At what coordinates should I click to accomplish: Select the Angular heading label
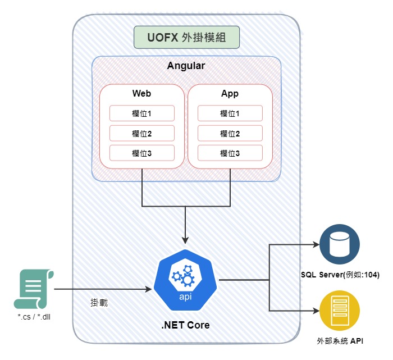pyautogui.click(x=186, y=66)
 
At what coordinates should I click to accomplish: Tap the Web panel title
pyautogui.click(x=141, y=93)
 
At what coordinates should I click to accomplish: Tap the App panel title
pyautogui.click(x=230, y=93)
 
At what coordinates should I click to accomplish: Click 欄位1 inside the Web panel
pyautogui.click(x=141, y=113)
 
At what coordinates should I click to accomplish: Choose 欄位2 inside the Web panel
pyautogui.click(x=141, y=133)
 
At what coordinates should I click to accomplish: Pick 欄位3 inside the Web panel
pyautogui.click(x=141, y=153)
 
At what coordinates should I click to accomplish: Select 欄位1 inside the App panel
pyautogui.click(x=230, y=113)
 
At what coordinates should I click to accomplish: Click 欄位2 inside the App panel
pyautogui.click(x=230, y=133)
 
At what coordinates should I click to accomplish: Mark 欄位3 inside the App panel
pyautogui.click(x=230, y=153)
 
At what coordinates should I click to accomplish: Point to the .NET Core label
pyautogui.click(x=186, y=325)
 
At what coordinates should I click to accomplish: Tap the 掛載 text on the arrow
pyautogui.click(x=99, y=302)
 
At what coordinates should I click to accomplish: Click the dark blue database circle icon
pyautogui.click(x=339, y=245)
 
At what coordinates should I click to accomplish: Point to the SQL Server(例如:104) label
pyautogui.click(x=340, y=275)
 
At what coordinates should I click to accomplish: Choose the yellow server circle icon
pyautogui.click(x=339, y=311)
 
